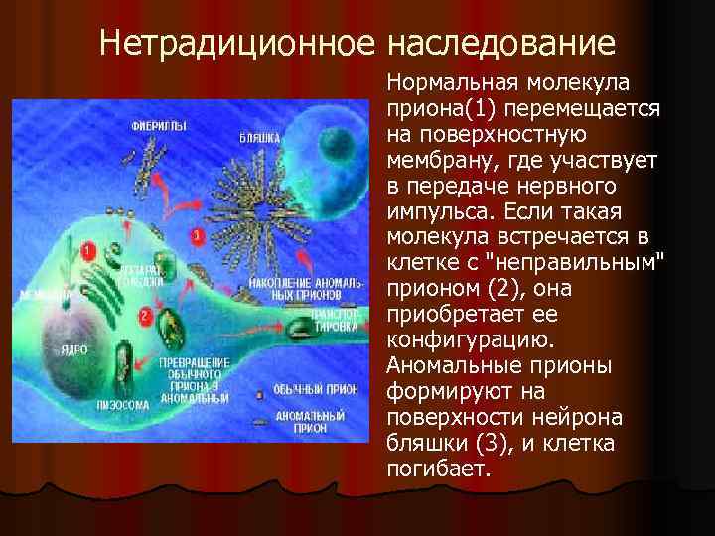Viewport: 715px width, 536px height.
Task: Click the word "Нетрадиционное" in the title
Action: coord(239,45)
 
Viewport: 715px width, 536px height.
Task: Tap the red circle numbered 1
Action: coord(89,253)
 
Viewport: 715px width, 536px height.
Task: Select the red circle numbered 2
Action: coord(146,317)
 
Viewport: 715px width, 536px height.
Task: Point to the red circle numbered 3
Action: coord(197,236)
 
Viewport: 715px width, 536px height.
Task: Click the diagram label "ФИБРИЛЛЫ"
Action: coord(160,127)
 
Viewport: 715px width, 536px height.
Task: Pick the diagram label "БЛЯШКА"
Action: coord(260,139)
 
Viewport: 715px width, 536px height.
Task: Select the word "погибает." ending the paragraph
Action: coord(439,468)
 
